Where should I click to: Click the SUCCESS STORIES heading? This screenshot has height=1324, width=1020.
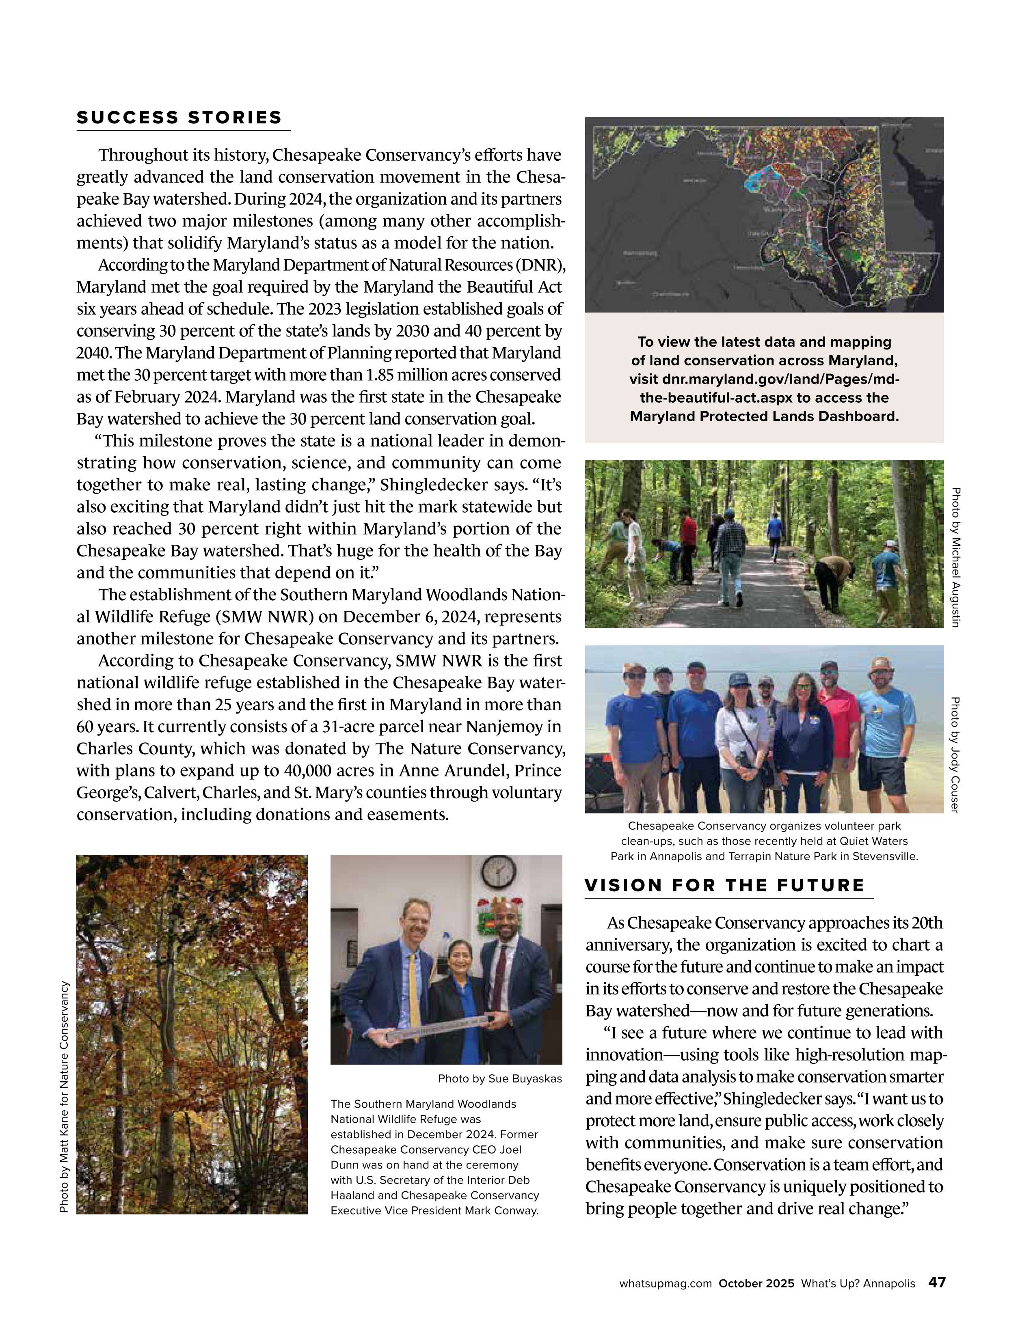179,118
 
